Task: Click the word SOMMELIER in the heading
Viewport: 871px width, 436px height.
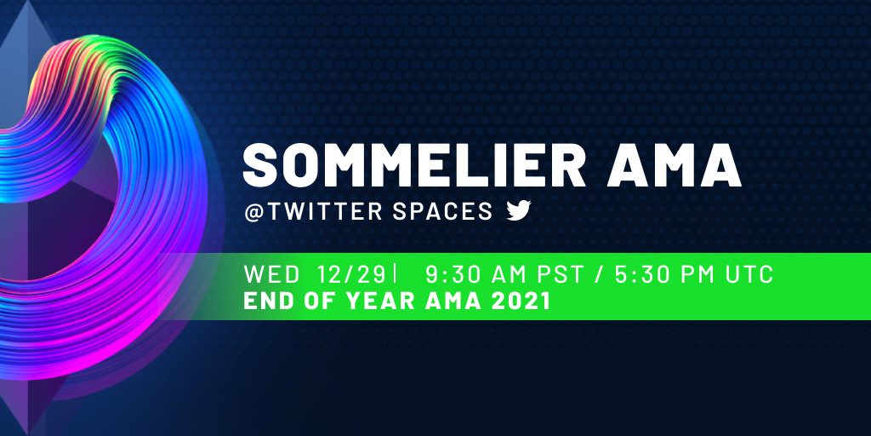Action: [414, 165]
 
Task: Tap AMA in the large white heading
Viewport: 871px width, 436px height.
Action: [674, 165]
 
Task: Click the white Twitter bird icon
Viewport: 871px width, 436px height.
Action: [519, 211]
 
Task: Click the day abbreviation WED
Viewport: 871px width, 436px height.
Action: [271, 275]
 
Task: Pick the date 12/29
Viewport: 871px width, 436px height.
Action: [351, 275]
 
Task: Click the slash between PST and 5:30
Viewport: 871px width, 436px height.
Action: [599, 275]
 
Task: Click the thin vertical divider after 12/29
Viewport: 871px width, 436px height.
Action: [395, 275]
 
